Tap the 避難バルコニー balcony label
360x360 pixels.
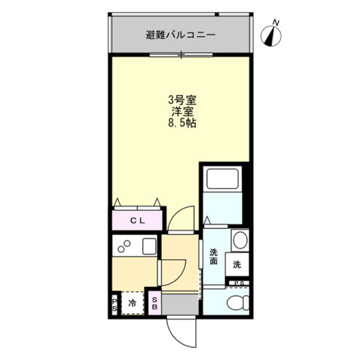coord(181,35)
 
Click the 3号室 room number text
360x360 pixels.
coord(182,99)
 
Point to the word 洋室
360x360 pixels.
coord(182,111)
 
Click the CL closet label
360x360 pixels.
coord(138,221)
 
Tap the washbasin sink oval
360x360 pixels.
coord(239,241)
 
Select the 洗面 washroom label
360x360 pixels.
coord(213,257)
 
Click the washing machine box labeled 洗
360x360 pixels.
coord(237,264)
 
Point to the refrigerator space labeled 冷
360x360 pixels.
coord(133,304)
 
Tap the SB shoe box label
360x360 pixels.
coord(153,304)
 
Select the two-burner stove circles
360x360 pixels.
coord(123,246)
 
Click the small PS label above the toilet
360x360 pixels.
coord(239,283)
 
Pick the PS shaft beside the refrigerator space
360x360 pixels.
coord(114,304)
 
